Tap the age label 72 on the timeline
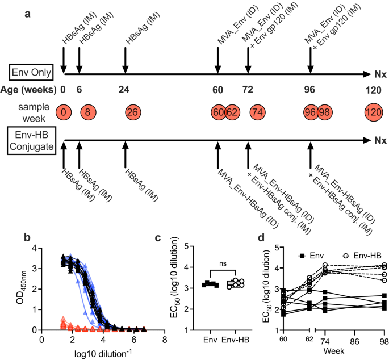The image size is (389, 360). coord(248,90)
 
